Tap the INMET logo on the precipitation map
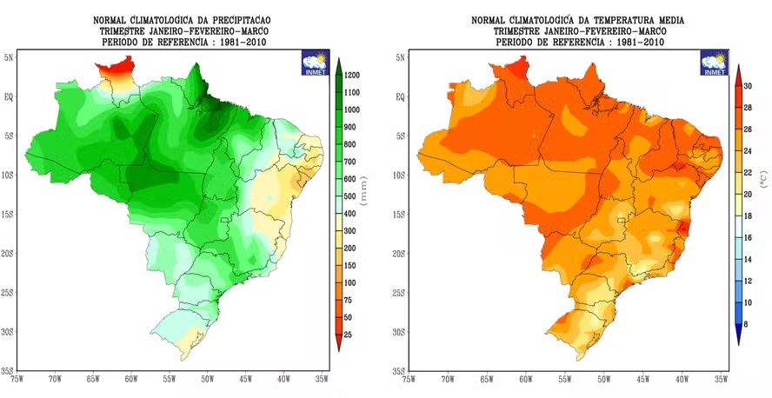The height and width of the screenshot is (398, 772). tap(315, 64)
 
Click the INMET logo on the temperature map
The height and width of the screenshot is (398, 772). tap(715, 64)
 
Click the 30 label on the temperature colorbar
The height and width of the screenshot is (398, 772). tap(749, 85)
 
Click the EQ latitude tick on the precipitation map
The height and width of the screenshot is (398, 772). tap(10, 96)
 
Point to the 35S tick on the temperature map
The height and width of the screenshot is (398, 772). tap(398, 371)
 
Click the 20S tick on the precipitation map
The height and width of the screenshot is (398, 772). tap(9, 254)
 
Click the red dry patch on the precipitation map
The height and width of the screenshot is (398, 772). tap(114, 67)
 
